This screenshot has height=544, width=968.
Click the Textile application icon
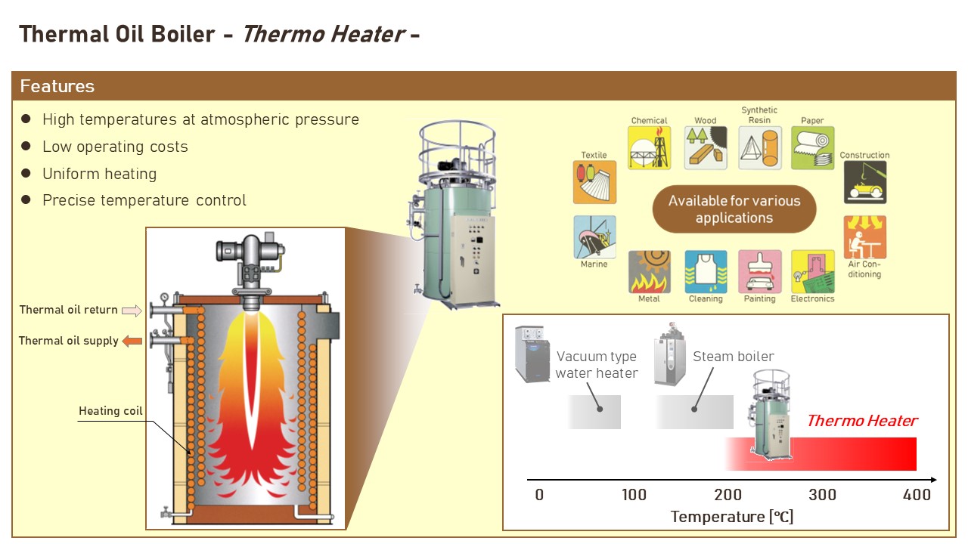pyautogui.click(x=594, y=182)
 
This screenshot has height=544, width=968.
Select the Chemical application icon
pyautogui.click(x=649, y=148)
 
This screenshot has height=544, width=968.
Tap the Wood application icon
pyautogui.click(x=706, y=148)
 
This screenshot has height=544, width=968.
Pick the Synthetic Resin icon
pyautogui.click(x=759, y=148)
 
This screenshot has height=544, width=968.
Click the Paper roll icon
pyautogui.click(x=813, y=148)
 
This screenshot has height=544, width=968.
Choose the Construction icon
pyautogui.click(x=865, y=182)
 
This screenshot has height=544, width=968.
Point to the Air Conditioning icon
pyautogui.click(x=865, y=237)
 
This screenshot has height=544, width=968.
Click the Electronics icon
pyautogui.click(x=813, y=272)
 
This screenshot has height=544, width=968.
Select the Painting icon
pyautogui.click(x=759, y=272)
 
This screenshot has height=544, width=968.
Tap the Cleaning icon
pyautogui.click(x=706, y=272)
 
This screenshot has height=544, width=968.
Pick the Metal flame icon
pyautogui.click(x=649, y=272)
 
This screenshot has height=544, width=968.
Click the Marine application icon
pyautogui.click(x=594, y=237)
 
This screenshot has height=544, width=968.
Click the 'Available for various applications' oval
pyautogui.click(x=734, y=209)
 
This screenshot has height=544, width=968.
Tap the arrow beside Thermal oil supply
pyautogui.click(x=132, y=341)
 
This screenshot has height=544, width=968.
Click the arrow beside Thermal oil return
pyautogui.click(x=132, y=310)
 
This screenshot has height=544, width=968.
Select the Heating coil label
pyautogui.click(x=110, y=411)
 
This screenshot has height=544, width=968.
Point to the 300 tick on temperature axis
pyautogui.click(x=822, y=495)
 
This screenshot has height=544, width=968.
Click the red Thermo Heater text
pyautogui.click(x=861, y=421)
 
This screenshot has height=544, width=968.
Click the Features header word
pyautogui.click(x=57, y=86)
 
